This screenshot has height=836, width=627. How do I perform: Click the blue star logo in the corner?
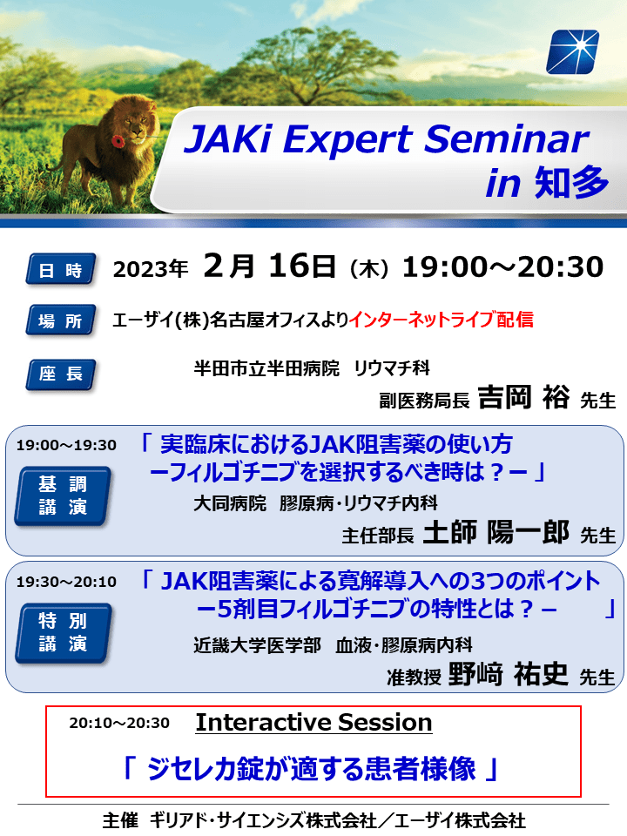[573, 51]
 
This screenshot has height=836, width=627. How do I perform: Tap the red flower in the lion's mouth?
[118, 141]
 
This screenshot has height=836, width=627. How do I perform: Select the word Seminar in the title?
[507, 139]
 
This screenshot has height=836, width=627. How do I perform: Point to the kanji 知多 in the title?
[571, 183]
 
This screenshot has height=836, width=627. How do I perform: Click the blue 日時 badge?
[61, 269]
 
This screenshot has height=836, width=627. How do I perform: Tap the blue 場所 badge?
[61, 320]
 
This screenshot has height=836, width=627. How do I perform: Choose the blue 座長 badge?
[61, 374]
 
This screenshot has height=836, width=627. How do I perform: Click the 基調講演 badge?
[63, 496]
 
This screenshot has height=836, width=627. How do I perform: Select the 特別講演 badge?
[63, 633]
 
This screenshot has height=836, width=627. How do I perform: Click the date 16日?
[302, 266]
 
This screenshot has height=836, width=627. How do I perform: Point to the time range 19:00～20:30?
[502, 266]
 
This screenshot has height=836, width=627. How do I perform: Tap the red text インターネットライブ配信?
[441, 320]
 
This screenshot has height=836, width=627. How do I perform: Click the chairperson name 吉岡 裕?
[523, 397]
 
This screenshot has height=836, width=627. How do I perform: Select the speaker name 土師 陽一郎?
[496, 531]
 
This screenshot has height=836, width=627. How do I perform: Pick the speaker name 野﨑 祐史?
[508, 674]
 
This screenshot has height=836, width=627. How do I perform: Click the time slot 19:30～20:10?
[66, 582]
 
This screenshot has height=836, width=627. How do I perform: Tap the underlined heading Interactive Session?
[314, 723]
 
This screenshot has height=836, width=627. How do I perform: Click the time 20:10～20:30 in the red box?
[119, 723]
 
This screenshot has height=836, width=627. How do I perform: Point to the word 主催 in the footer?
[120, 820]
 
